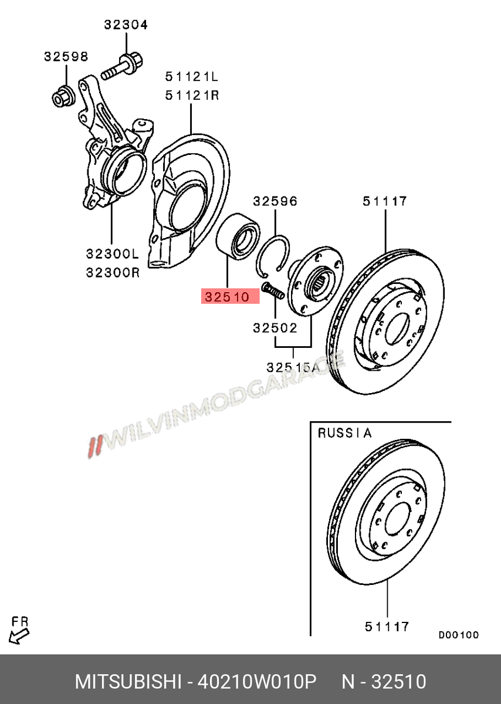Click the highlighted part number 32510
point(231,297)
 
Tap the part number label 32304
point(126,25)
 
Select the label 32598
point(66,57)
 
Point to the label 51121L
point(191,77)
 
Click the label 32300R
point(112,272)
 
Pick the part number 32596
point(275,201)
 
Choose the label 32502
point(275,329)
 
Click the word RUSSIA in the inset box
point(344,434)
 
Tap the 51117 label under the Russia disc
point(387,627)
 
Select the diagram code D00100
point(459,635)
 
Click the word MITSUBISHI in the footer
point(128,682)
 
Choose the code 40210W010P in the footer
point(257,682)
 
